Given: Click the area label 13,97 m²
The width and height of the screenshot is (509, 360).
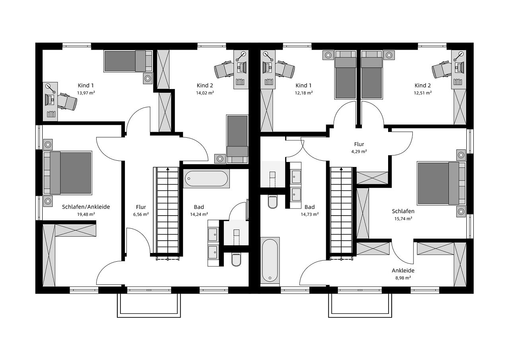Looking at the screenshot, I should [86, 93].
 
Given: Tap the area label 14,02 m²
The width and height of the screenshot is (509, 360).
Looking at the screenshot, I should [205, 93].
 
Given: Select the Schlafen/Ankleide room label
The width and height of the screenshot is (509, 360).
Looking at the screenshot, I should [86, 207].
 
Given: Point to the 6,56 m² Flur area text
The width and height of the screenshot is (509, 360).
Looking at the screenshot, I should [141, 214].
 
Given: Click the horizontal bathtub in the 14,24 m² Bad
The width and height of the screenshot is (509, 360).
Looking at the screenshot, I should [206, 179].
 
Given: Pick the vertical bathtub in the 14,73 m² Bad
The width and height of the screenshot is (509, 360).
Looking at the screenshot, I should [270, 259].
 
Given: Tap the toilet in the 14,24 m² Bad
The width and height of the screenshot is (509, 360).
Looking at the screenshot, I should [236, 260].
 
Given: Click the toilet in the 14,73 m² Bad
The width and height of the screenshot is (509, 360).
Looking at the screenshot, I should [273, 202].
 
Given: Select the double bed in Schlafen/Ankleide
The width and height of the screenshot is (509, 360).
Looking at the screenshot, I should [68, 173].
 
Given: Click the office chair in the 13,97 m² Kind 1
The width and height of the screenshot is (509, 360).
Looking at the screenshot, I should [67, 101].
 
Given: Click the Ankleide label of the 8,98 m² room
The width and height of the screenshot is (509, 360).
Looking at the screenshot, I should [403, 270].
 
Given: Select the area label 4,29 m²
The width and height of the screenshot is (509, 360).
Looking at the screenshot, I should [359, 152].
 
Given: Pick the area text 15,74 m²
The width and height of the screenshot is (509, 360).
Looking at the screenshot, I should [403, 218].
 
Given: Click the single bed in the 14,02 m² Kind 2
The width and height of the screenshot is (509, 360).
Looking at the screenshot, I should [237, 139].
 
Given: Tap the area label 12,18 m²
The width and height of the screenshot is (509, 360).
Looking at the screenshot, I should [304, 93].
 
